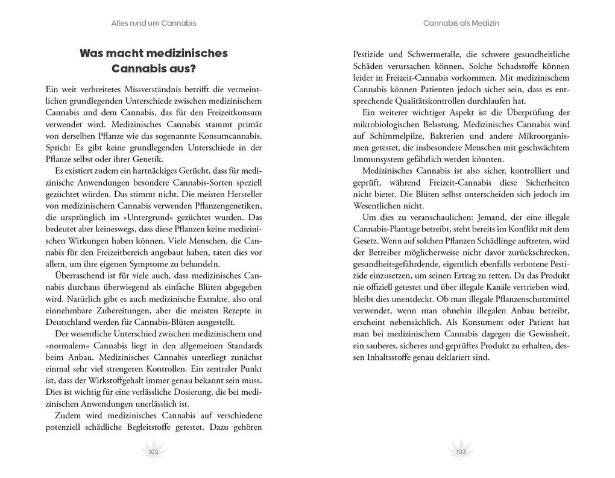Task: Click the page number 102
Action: [x=153, y=451]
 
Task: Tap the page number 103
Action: [x=461, y=451]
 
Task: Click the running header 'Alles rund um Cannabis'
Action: [x=154, y=24]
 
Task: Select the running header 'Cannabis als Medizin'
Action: [x=461, y=24]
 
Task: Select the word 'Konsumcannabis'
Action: [x=233, y=136]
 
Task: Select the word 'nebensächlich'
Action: [x=421, y=322]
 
